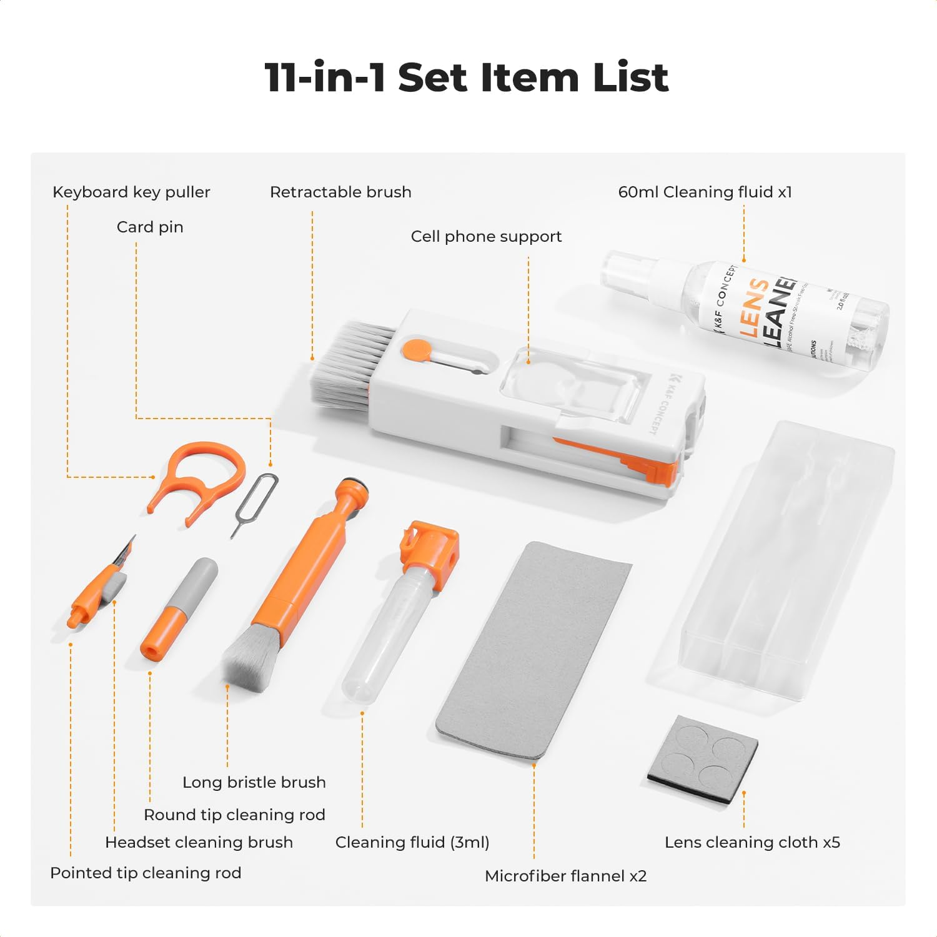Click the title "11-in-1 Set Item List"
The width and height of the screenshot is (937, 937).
pyautogui.click(x=467, y=77)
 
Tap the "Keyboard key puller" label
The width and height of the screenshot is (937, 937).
pyautogui.click(x=131, y=192)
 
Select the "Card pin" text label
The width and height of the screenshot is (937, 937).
pyautogui.click(x=150, y=227)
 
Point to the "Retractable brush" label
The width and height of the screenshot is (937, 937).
pyautogui.click(x=340, y=192)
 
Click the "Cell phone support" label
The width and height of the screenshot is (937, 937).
pyautogui.click(x=486, y=236)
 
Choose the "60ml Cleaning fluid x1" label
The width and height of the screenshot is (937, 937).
pyautogui.click(x=705, y=192)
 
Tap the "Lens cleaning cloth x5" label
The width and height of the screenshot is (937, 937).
pyautogui.click(x=752, y=842)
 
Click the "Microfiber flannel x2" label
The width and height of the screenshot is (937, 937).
pyautogui.click(x=565, y=876)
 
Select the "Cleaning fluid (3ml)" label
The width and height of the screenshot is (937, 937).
pyautogui.click(x=412, y=842)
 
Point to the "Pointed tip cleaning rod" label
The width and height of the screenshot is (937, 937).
pyautogui.click(x=146, y=873)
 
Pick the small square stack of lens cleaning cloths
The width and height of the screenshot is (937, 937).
pyautogui.click(x=703, y=759)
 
